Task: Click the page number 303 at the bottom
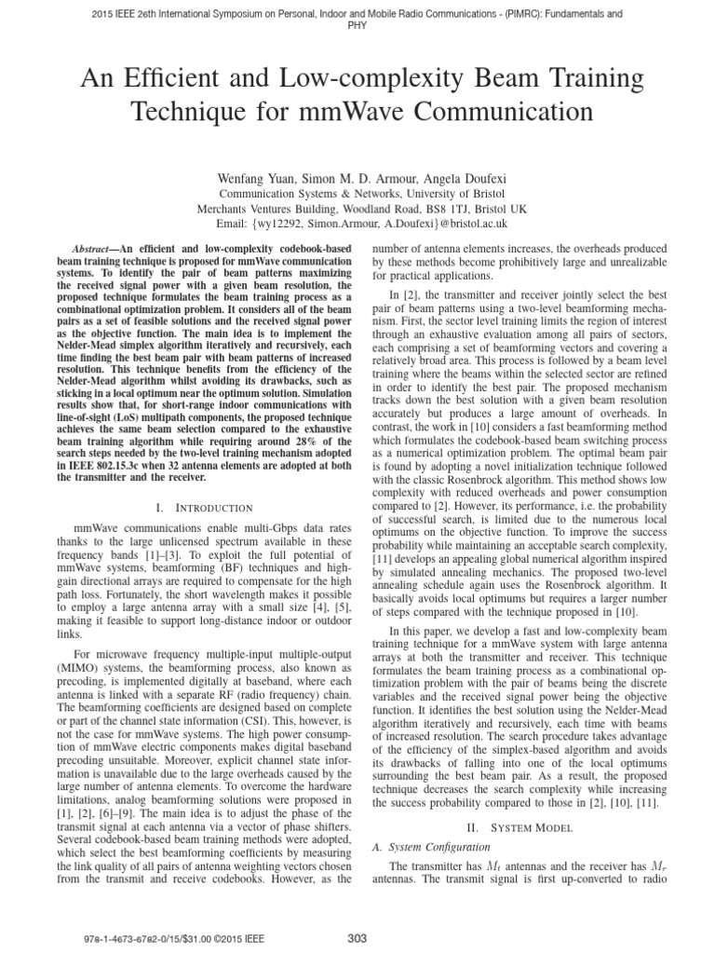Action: click(x=357, y=937)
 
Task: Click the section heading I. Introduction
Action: click(x=205, y=508)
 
